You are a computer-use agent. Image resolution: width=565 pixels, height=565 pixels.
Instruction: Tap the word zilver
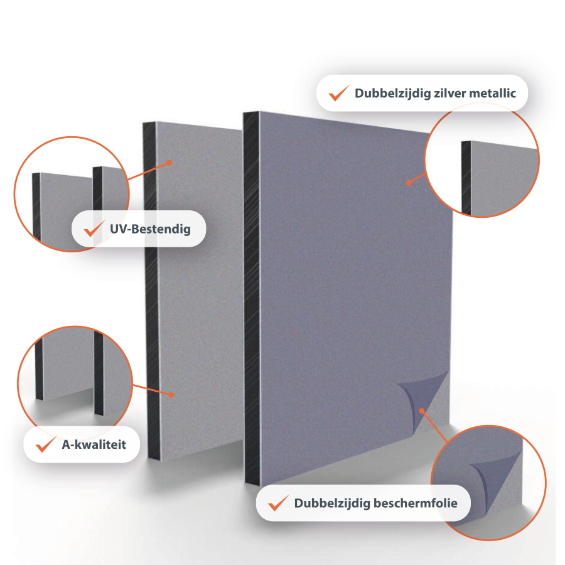[x=449, y=93]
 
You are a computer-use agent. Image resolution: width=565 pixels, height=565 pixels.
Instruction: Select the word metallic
[x=493, y=93]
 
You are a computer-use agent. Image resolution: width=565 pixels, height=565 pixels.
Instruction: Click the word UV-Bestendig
[x=150, y=229]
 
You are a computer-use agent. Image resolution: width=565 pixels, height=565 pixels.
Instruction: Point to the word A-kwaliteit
[x=94, y=444]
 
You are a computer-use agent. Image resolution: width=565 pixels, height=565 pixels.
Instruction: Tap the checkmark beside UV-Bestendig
[x=94, y=229]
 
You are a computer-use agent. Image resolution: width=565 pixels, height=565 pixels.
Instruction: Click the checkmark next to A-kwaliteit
[x=46, y=444]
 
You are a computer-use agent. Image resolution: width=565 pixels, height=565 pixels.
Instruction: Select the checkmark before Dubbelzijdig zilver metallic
[x=339, y=93]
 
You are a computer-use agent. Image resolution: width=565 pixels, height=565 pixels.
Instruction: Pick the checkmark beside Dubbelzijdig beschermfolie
[x=279, y=502]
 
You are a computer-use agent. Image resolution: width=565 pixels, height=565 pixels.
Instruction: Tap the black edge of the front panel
[x=252, y=299]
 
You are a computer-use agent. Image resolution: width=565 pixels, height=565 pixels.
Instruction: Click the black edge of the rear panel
[x=151, y=292]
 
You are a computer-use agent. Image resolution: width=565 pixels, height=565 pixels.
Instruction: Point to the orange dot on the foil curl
[x=422, y=411]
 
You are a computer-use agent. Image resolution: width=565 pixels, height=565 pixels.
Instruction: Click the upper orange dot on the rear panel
[x=169, y=163]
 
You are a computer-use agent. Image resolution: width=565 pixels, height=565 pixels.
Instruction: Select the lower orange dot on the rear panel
[x=171, y=395]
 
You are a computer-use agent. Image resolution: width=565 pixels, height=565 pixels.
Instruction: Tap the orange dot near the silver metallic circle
[x=409, y=183]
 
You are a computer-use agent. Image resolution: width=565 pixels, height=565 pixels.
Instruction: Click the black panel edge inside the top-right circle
[x=466, y=178]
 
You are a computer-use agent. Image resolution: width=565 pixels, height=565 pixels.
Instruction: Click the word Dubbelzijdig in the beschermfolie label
[x=332, y=503]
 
